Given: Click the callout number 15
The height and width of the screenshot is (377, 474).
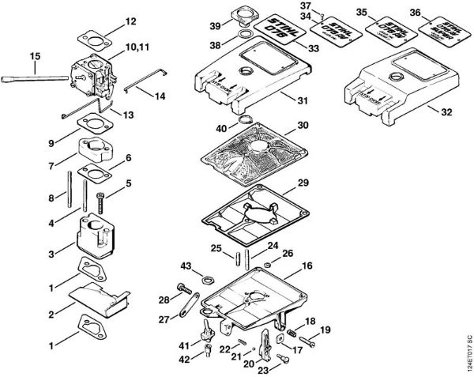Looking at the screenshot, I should (34, 55).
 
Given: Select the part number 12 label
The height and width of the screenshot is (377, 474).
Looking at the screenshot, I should (130, 21).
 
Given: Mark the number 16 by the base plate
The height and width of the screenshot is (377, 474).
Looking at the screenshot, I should (307, 266).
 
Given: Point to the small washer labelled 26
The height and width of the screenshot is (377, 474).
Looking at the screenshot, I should (269, 263).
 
